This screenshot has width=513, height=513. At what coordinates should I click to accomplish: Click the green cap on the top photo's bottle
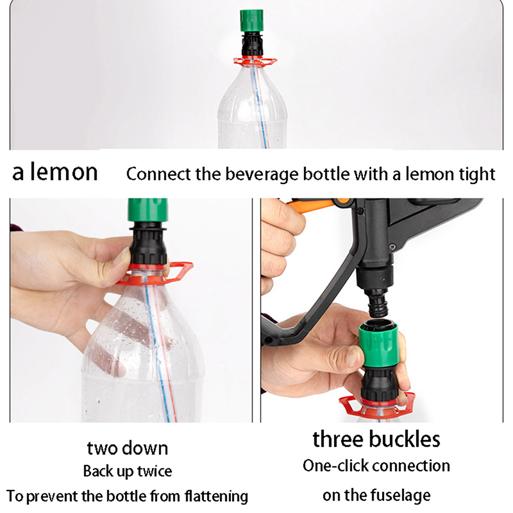pyautogui.click(x=251, y=21)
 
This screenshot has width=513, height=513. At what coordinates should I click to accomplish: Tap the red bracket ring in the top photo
pyautogui.click(x=255, y=61)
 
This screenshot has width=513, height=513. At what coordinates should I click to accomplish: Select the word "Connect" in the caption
pyautogui.click(x=158, y=174)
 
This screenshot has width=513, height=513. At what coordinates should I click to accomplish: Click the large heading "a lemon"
pyautogui.click(x=55, y=172)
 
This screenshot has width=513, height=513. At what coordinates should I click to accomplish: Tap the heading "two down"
pyautogui.click(x=128, y=448)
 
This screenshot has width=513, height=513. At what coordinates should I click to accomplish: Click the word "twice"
pyautogui.click(x=155, y=471)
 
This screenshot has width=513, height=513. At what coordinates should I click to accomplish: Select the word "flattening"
pyautogui.click(x=216, y=496)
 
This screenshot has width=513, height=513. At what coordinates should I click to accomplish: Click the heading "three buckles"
pyautogui.click(x=376, y=439)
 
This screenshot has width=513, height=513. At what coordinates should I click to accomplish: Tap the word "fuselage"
pyautogui.click(x=397, y=495)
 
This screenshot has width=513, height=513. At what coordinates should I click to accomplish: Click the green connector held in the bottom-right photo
pyautogui.click(x=378, y=344)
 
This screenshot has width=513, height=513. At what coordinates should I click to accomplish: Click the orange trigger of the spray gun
pyautogui.click(x=315, y=205)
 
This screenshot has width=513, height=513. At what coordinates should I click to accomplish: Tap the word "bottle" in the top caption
pyautogui.click(x=326, y=174)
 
